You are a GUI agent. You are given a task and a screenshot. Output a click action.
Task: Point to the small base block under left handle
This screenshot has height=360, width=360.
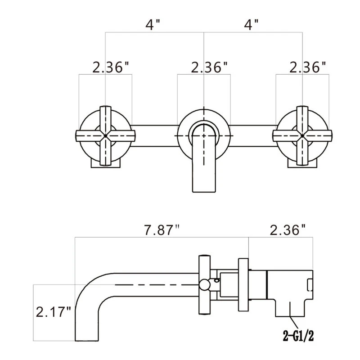[x=106, y=163]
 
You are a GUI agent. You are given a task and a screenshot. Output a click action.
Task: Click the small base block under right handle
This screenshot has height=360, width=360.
[x=302, y=163]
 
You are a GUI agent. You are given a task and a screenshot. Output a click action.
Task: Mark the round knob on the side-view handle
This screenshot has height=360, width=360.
[x=205, y=284]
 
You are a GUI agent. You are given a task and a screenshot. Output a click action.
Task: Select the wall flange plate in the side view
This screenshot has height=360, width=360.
[x=243, y=284]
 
